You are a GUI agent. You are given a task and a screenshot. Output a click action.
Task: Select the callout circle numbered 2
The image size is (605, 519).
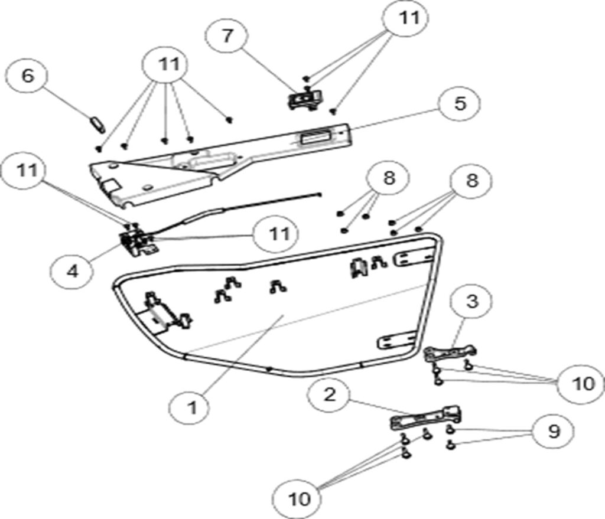coord(329,394)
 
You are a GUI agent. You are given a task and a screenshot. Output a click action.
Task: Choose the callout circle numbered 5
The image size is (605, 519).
coord(460,103)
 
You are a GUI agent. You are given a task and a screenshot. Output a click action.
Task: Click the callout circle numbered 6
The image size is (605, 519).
coord(27,76)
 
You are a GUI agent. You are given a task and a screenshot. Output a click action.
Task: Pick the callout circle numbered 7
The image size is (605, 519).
coord(227,35)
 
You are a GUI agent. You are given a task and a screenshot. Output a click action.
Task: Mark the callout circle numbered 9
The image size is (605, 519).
coord(553,432)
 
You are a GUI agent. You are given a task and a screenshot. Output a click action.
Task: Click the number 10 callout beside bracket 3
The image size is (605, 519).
coord(583,383)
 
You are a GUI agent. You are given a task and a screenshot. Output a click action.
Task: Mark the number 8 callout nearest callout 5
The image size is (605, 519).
coord(471,180)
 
